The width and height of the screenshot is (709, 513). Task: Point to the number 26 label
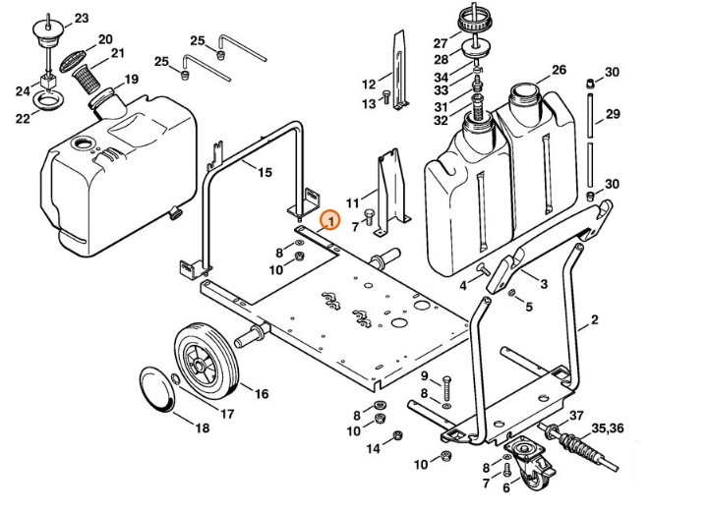(559, 70)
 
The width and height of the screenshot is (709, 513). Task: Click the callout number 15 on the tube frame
(264, 173)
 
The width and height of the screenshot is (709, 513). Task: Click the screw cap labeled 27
(474, 21)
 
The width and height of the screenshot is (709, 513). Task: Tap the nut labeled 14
(396, 436)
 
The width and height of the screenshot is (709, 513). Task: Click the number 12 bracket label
(369, 84)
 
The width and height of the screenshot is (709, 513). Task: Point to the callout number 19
(131, 79)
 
